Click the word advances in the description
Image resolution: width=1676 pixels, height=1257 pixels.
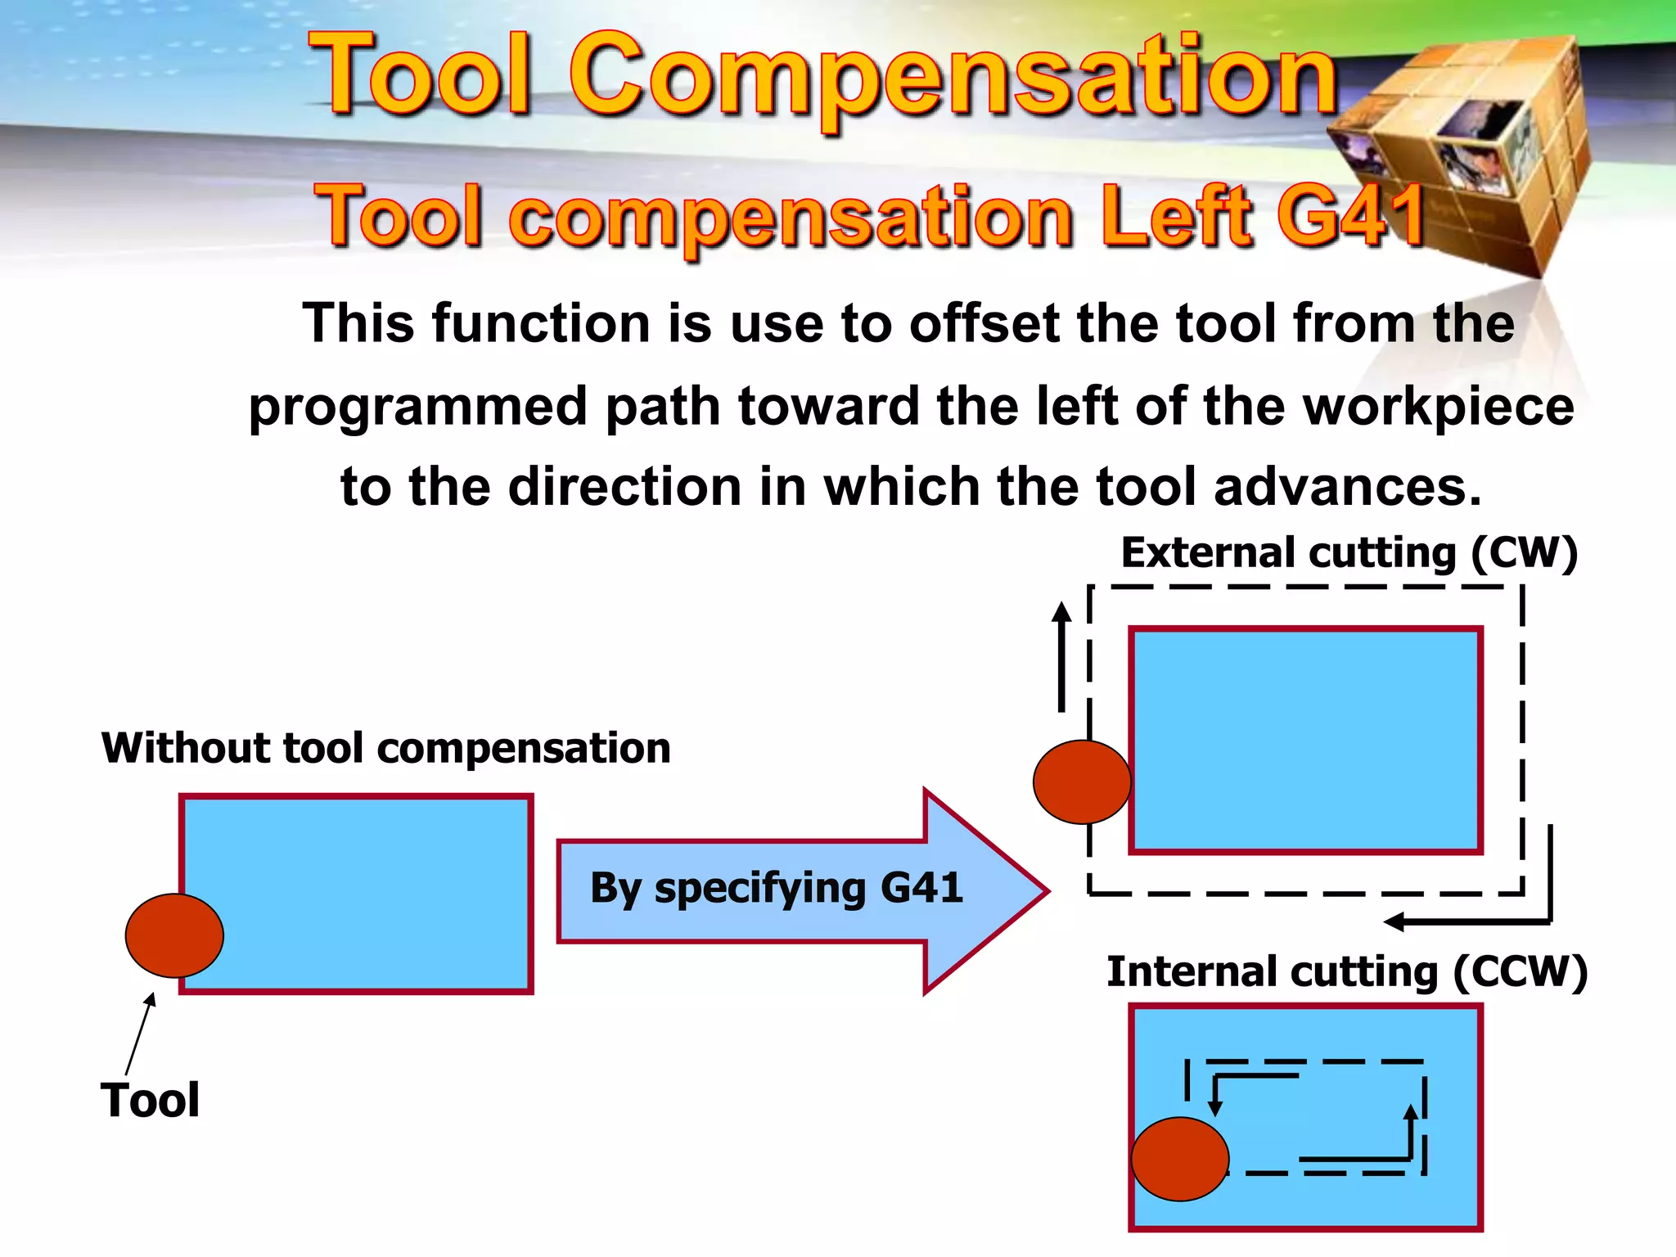[x=1346, y=487]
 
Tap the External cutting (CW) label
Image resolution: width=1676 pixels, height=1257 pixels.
[x=1349, y=553]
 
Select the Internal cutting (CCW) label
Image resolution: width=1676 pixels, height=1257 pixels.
[x=1347, y=972]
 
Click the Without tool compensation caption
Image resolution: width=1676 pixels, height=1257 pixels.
[x=385, y=748]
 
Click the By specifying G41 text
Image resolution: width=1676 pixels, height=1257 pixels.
[x=776, y=888]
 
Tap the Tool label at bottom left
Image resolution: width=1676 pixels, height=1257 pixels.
[x=150, y=1100]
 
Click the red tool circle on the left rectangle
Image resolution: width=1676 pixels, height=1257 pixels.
[x=174, y=935]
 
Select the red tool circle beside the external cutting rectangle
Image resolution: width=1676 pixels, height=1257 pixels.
[x=1082, y=782]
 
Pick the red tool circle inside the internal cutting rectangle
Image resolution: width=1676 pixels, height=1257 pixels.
[x=1180, y=1159]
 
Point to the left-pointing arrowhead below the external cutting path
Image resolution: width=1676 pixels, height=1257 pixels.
[x=1394, y=922]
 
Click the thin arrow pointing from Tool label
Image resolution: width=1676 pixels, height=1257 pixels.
[x=139, y=1033]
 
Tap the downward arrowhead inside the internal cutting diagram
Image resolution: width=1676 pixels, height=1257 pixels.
[x=1215, y=1109]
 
